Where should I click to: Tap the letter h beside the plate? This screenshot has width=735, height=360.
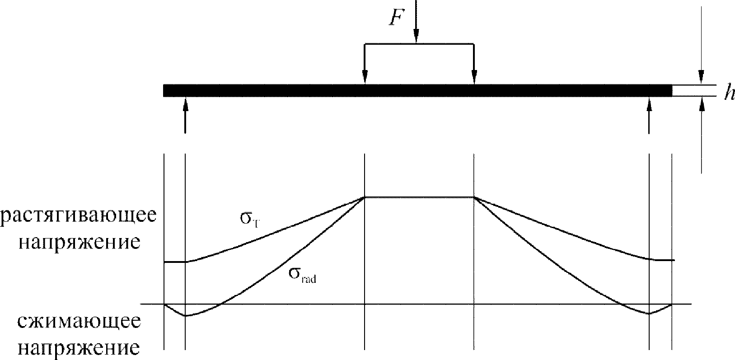[727, 93]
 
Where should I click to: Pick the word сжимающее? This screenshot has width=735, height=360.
[80, 323]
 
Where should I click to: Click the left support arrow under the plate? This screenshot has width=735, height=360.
[185, 117]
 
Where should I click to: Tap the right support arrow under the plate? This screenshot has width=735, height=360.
[649, 117]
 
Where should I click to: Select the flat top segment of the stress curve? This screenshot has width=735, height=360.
[419, 197]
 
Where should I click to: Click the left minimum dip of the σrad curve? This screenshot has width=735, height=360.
[185, 316]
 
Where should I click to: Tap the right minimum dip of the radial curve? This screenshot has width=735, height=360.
[649, 313]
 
